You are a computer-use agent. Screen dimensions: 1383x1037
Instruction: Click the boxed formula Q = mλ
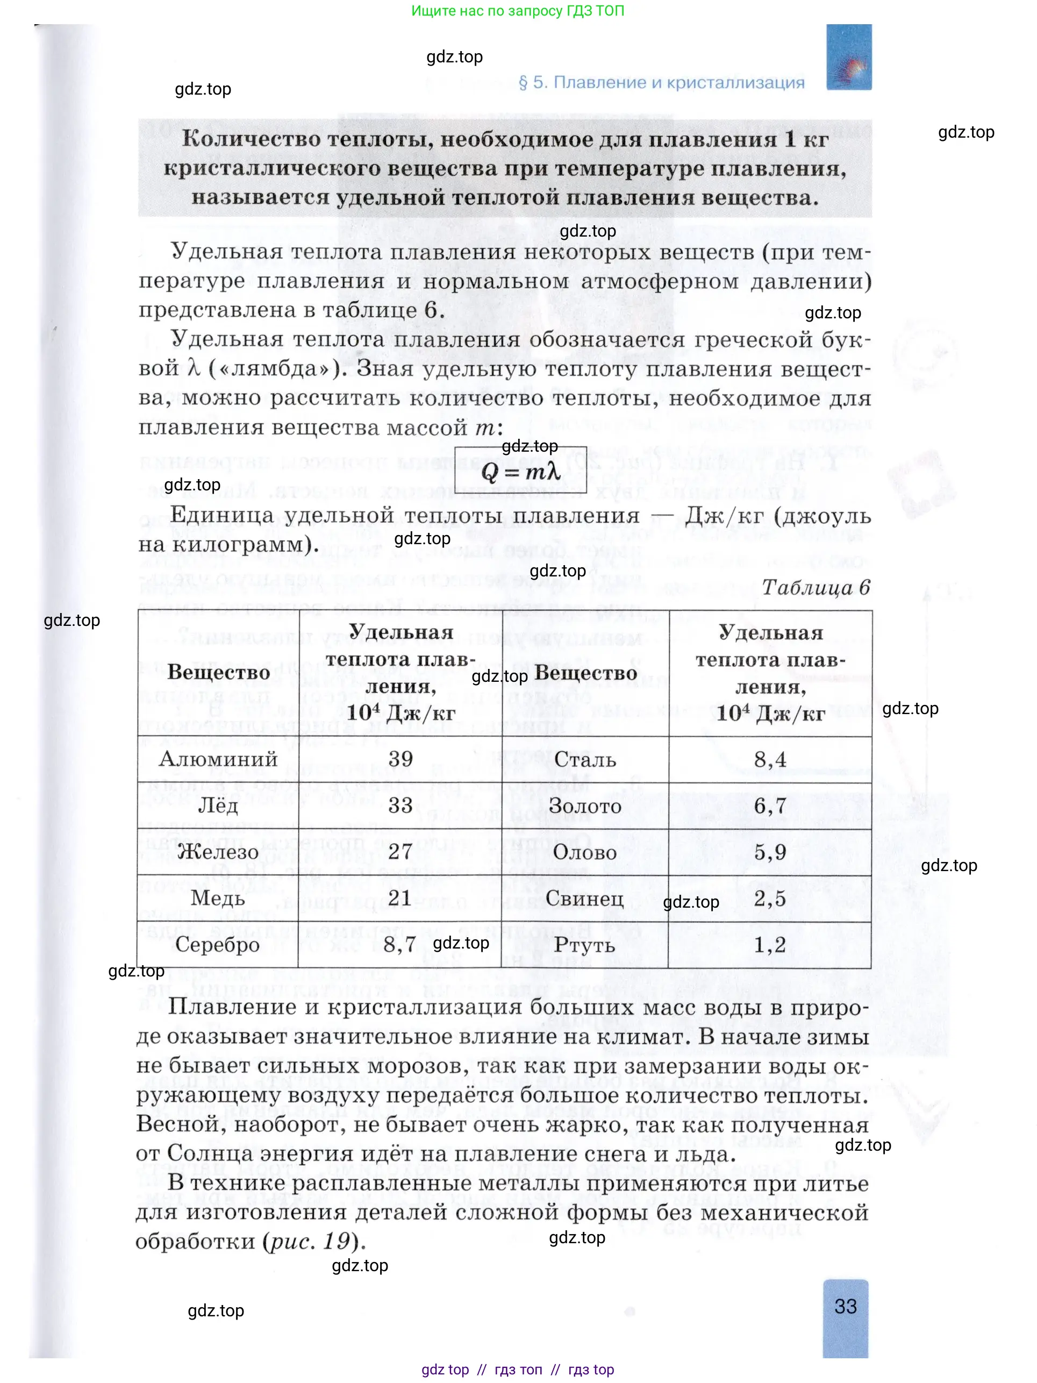519,470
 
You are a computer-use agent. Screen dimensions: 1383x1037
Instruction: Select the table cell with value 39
400,759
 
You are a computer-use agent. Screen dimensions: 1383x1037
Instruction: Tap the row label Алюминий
218,759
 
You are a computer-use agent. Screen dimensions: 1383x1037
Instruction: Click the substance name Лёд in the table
218,805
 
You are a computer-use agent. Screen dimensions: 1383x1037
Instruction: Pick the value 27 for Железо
400,852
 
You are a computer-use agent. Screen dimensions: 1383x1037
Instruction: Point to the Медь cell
218,898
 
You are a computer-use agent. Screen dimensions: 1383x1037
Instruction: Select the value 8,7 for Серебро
400,944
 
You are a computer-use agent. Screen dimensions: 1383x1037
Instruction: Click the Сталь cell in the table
585,760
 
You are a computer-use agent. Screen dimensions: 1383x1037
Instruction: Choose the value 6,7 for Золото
770,806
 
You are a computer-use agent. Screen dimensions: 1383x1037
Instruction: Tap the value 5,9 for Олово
770,852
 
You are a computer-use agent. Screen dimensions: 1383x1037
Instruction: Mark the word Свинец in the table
584,899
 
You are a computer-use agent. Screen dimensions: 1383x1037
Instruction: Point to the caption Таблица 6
816,588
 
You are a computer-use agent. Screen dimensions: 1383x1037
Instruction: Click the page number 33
845,1306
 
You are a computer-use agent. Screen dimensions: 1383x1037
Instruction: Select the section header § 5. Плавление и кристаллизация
661,82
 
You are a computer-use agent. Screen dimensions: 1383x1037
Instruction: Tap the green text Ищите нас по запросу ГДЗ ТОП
518,11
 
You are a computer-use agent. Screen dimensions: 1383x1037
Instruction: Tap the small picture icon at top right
848,58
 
